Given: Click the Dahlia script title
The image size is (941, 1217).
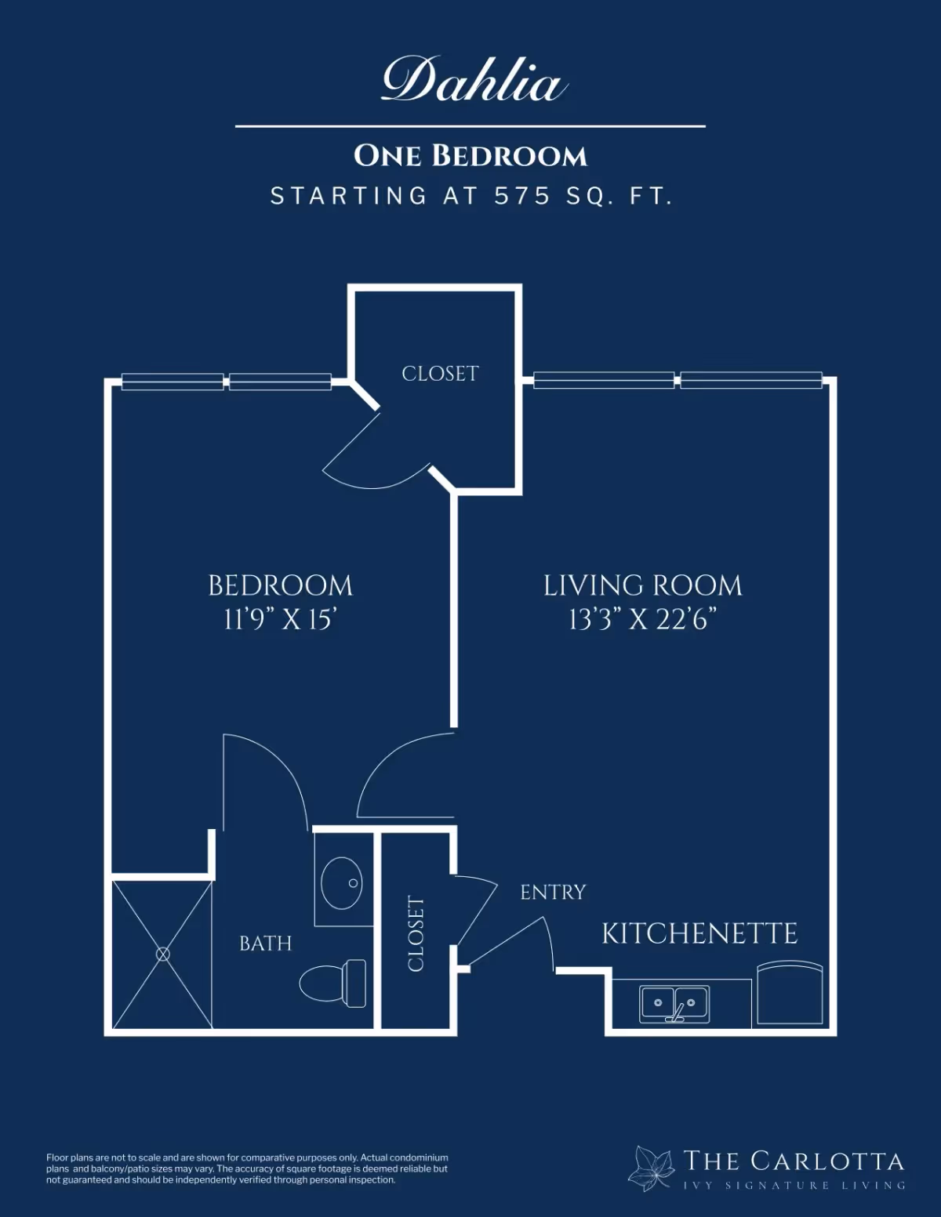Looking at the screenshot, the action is click(474, 80).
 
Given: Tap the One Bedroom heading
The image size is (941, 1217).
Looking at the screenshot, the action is click(470, 156).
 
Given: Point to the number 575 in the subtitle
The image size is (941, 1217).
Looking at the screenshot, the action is click(522, 196).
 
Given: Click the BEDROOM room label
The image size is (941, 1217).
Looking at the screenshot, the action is click(280, 586).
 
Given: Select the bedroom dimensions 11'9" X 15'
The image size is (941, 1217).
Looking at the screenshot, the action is click(280, 620).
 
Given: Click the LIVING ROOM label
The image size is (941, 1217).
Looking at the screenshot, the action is click(643, 586).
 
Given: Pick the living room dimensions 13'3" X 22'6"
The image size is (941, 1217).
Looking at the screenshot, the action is click(643, 620).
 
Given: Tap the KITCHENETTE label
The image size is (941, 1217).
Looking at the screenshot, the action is click(699, 933).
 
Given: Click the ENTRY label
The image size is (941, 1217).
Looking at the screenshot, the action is click(553, 892).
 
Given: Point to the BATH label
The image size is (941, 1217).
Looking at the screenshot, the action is click(266, 944).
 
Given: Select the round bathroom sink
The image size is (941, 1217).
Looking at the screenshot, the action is click(341, 883).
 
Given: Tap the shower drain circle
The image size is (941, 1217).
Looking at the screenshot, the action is click(163, 954).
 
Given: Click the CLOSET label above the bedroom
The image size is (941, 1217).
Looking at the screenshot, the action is click(440, 374).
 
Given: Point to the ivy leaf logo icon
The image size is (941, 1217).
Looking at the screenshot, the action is click(650, 1169).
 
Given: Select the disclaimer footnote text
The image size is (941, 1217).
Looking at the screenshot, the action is click(247, 1169).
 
